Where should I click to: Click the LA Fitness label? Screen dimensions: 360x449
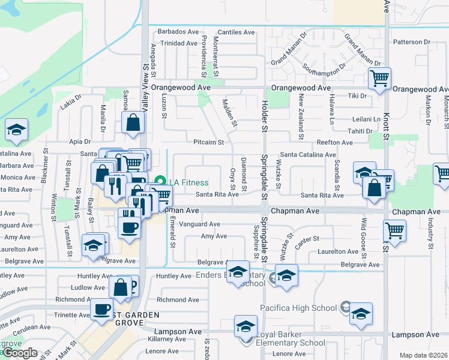(x=188, y=182)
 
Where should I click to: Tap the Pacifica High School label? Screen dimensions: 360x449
(x=298, y=308)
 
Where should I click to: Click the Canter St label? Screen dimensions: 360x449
(x=306, y=240)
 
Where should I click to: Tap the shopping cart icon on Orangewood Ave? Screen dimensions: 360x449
(x=379, y=78)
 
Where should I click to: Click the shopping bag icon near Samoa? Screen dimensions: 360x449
(x=132, y=123)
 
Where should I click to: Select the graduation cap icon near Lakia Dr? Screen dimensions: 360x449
(x=16, y=130)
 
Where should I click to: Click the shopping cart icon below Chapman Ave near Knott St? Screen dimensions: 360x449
(x=394, y=230)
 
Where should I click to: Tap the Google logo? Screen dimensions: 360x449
(x=20, y=353)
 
